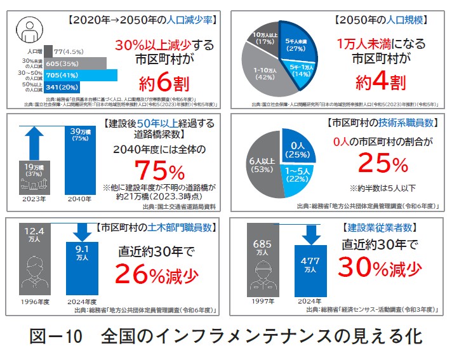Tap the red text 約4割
coord(380,81)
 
